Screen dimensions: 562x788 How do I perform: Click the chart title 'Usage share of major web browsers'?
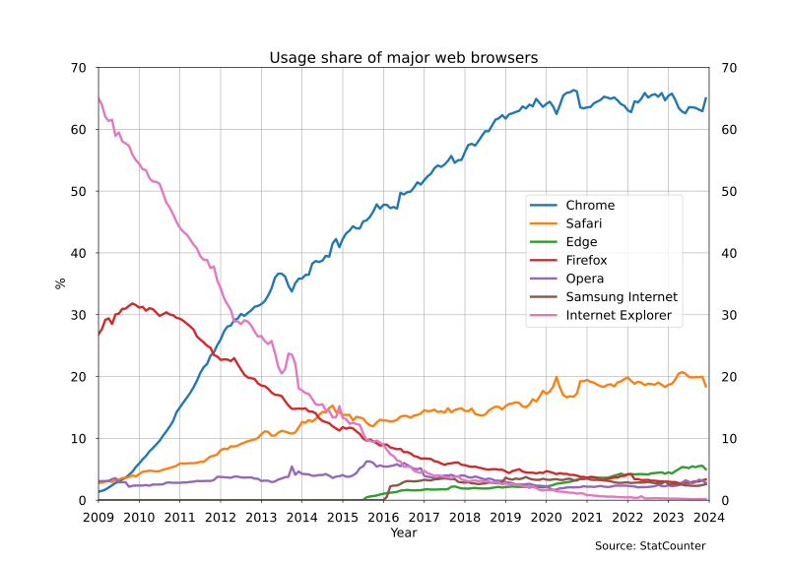pyautogui.click(x=404, y=58)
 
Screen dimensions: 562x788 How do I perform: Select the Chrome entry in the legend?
pyautogui.click(x=590, y=206)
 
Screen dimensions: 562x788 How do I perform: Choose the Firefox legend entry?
pyautogui.click(x=586, y=261)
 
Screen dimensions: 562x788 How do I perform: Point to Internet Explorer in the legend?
pyautogui.click(x=619, y=316)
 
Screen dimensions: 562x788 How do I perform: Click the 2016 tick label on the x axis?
pyautogui.click(x=383, y=517)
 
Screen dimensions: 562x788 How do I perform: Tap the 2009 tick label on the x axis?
pyautogui.click(x=98, y=517)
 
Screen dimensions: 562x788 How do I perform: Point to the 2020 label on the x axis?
pyautogui.click(x=547, y=517)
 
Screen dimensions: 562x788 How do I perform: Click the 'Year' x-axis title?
pyautogui.click(x=404, y=532)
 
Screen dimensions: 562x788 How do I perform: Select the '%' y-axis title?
pyautogui.click(x=60, y=283)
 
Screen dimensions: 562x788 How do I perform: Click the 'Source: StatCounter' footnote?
pyautogui.click(x=650, y=545)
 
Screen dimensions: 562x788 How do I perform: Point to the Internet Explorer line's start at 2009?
pyautogui.click(x=99, y=98)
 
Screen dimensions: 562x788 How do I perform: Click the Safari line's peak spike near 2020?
pyautogui.click(x=557, y=377)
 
